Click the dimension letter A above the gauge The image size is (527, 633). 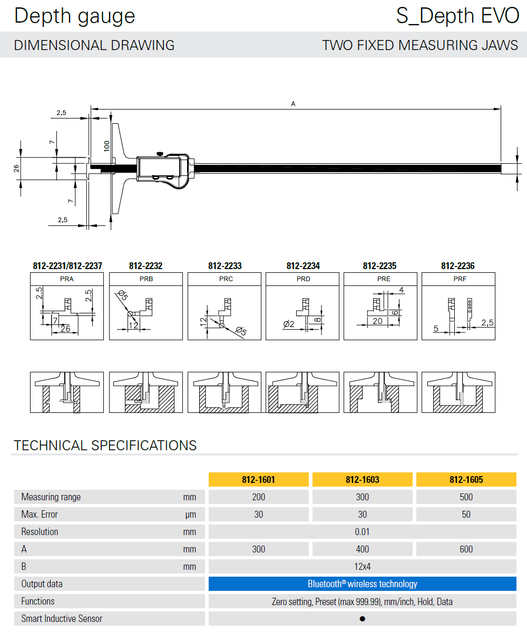pos(294,104)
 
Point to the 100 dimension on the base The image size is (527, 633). pos(107,146)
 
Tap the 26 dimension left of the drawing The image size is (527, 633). pos(16,169)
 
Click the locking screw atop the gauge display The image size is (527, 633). pos(159,154)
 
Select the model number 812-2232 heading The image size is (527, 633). pos(146,266)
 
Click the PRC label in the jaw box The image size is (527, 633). pos(225,279)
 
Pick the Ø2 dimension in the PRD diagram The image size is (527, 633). pos(288,324)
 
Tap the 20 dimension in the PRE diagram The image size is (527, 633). pos(377,321)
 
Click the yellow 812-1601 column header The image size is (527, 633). pos(259,480)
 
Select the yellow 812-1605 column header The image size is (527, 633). pos(466,480)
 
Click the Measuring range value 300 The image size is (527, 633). pos(362,497)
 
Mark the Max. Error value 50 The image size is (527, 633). pos(466,515)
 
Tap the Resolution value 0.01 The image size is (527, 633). pos(362,532)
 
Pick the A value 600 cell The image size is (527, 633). pos(466,549)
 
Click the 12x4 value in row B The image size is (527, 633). pos(362,567)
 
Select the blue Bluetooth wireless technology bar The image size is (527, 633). pos(362,584)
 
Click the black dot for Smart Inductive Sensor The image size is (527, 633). pos(362,619)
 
